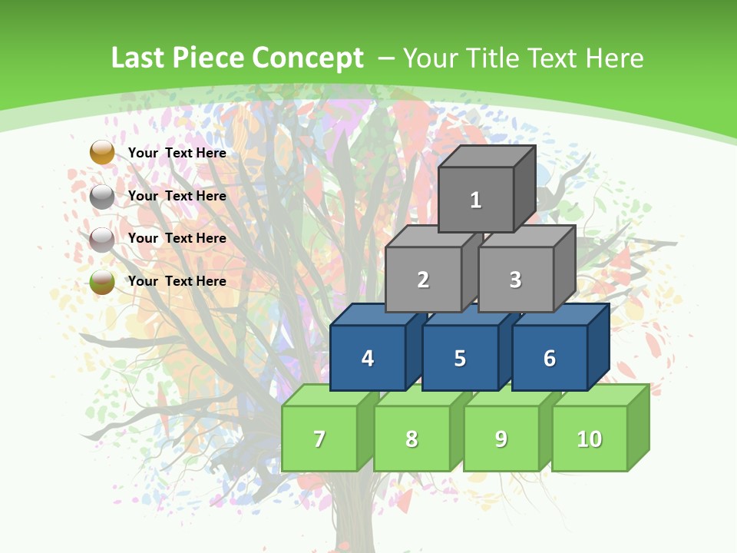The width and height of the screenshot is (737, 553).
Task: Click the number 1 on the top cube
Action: coord(476,200)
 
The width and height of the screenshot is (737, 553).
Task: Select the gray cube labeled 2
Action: coord(423,280)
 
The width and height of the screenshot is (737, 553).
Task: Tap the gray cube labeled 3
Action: coord(515,280)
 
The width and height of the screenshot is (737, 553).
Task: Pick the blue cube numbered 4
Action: coord(368,359)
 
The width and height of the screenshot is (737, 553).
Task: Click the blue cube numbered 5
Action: coord(460,359)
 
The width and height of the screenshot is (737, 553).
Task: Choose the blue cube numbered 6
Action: coord(550,359)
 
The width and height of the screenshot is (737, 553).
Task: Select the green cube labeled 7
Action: coord(319,439)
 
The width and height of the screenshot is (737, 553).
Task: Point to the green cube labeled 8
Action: coord(411,439)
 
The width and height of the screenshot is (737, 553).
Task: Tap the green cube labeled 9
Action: coord(501,439)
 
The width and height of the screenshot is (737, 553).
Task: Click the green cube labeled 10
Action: coord(590,439)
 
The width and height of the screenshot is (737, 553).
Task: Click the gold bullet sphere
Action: coord(102,153)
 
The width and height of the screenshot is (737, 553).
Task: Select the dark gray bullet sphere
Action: coord(102,197)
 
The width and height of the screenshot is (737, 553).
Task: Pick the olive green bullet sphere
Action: coord(102,282)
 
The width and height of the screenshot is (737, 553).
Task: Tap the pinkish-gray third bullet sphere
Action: coord(102,240)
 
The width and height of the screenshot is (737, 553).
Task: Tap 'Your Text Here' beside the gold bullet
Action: coord(177,153)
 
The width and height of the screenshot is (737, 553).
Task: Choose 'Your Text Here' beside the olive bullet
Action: coord(177,281)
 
